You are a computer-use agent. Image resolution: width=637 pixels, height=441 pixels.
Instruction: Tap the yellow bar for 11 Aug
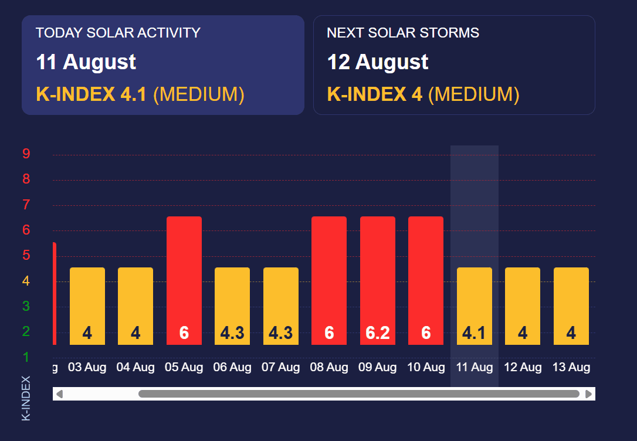[474, 306]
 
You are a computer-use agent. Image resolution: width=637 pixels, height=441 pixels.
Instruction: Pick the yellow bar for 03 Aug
[87, 306]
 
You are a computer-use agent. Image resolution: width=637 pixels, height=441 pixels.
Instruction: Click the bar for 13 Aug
[571, 306]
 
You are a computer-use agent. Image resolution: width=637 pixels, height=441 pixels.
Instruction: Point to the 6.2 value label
[378, 333]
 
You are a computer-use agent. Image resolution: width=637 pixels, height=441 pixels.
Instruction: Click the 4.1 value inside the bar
[474, 333]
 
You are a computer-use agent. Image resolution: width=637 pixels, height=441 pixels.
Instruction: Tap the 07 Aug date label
[280, 368]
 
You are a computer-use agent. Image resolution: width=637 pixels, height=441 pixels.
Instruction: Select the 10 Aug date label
[426, 368]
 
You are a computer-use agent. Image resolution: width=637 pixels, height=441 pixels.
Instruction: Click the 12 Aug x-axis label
[523, 368]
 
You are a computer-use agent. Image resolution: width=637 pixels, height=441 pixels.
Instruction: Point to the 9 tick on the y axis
[26, 154]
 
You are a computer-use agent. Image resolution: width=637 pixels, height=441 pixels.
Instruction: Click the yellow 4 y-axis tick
[26, 281]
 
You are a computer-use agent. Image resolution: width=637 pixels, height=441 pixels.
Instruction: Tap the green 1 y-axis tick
[26, 357]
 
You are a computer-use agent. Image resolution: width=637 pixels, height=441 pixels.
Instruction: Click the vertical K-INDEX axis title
[26, 398]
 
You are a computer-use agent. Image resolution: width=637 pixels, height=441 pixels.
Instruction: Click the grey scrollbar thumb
[358, 394]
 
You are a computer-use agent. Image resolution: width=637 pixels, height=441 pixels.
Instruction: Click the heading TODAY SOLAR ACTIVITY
[118, 33]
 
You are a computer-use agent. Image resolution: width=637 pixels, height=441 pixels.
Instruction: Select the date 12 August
[378, 62]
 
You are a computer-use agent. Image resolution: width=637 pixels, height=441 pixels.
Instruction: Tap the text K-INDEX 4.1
[92, 94]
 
